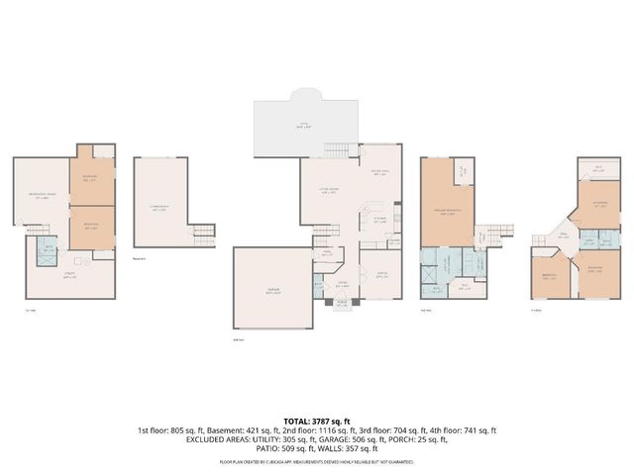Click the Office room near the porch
pos(381,276)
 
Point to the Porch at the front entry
pos(343,304)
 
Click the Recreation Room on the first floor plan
pos(41,195)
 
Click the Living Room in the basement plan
pos(158,205)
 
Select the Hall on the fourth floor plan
pos(562,235)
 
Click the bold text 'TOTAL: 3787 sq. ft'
pos(316,421)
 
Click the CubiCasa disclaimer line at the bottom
pos(316,462)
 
